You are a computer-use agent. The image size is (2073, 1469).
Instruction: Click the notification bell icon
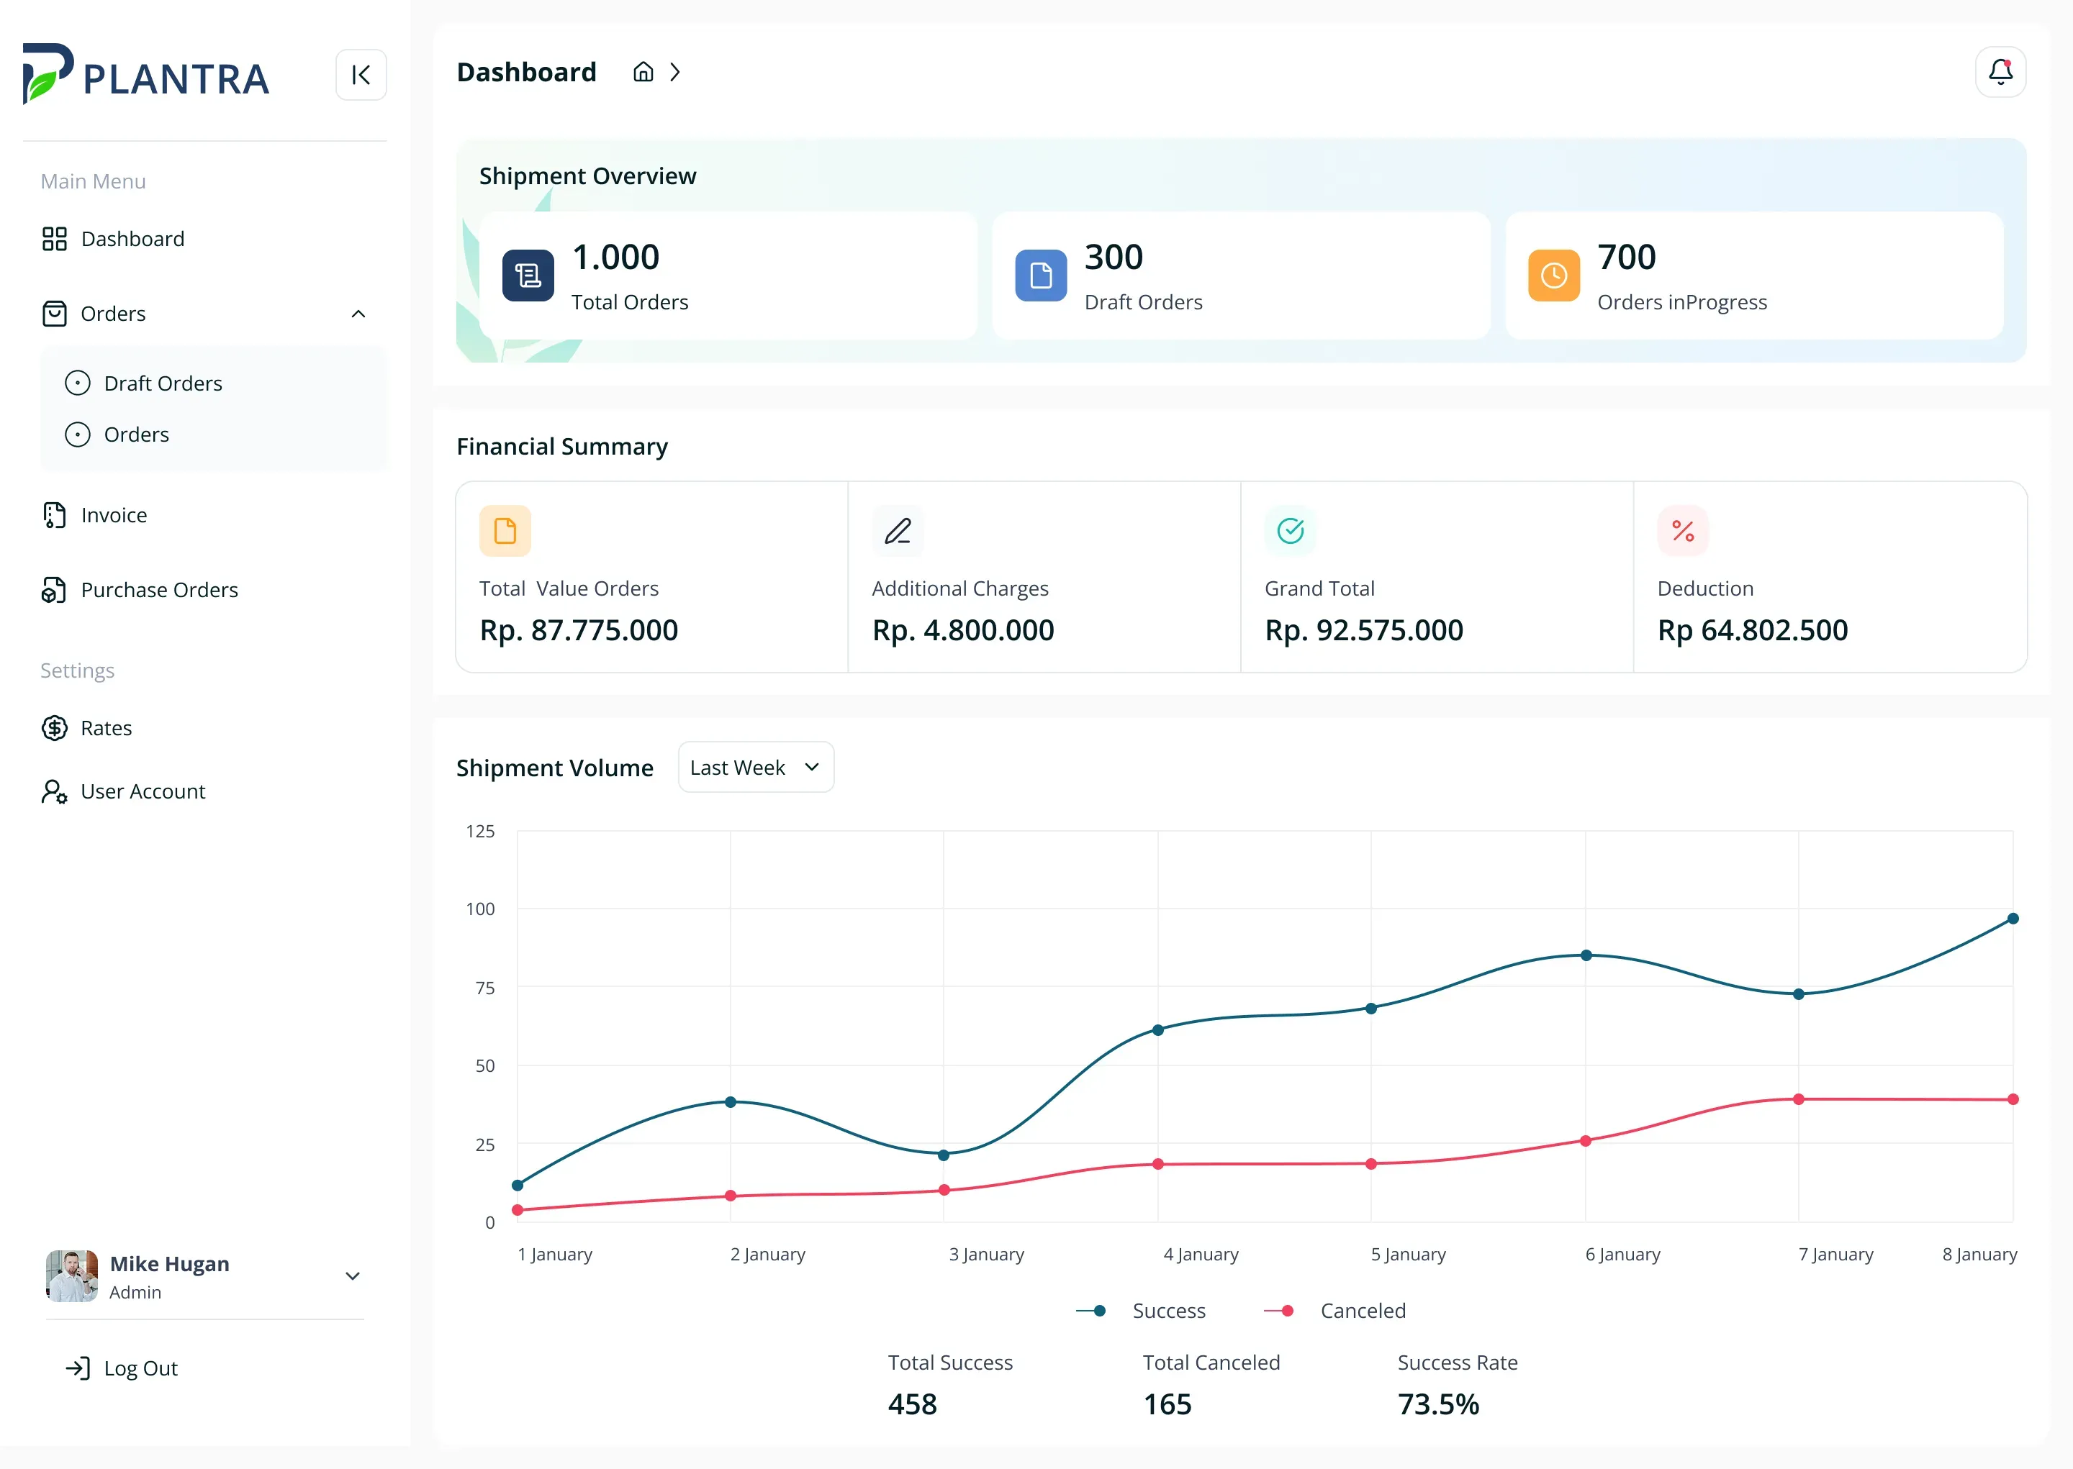coord(2000,73)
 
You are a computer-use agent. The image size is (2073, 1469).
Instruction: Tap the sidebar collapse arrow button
coord(361,74)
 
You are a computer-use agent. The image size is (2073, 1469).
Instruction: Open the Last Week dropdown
coord(756,767)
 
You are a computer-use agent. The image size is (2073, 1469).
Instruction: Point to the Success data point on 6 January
coord(1585,955)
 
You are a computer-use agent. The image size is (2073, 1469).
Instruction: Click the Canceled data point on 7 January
coord(1799,1099)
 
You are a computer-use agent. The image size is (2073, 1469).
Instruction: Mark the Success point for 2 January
coord(730,1102)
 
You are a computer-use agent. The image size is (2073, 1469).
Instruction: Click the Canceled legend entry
coord(1334,1311)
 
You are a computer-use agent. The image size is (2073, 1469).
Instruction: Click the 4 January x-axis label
coord(1201,1254)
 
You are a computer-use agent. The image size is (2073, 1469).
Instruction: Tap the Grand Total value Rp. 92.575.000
coord(1363,629)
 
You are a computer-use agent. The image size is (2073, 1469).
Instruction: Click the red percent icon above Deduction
coord(1682,531)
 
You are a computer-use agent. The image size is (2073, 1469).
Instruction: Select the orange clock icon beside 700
coord(1553,275)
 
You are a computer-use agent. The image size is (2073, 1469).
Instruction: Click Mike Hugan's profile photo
coord(71,1275)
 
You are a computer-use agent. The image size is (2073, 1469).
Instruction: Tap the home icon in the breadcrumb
coord(643,73)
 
